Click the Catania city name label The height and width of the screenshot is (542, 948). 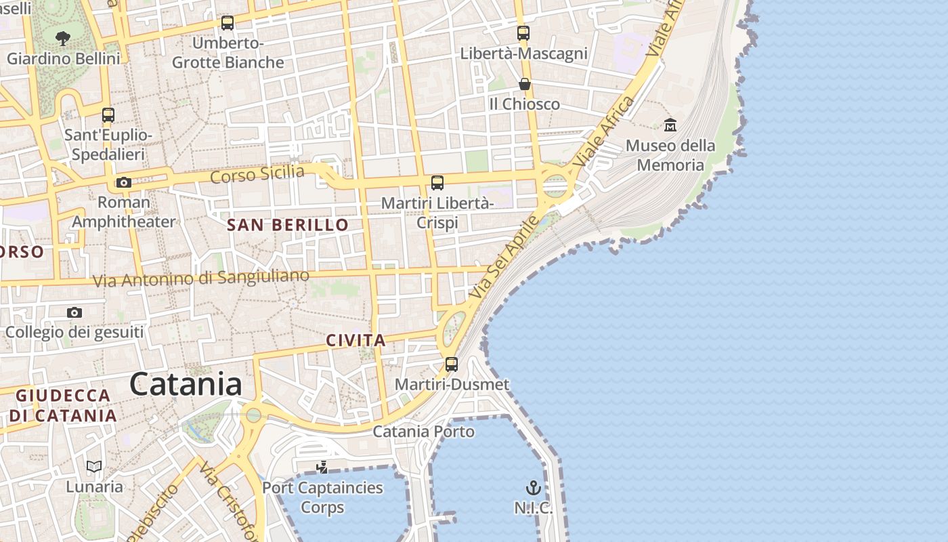coord(186,384)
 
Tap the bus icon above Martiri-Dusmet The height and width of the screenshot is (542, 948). coord(452,364)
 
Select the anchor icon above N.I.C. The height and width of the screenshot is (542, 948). coord(534,488)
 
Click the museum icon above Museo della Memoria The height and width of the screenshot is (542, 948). coord(670,125)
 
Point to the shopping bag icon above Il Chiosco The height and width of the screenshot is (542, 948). coord(524,84)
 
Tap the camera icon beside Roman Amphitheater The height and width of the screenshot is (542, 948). coord(123,182)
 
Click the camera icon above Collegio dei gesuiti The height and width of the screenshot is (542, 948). coord(74,312)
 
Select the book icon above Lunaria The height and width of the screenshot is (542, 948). coord(94,466)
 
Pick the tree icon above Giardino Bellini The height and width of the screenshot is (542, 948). coord(63,38)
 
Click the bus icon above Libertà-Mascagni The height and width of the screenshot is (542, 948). coord(523,33)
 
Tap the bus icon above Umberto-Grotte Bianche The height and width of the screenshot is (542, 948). coord(228,23)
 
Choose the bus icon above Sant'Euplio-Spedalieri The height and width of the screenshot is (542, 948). coord(108,114)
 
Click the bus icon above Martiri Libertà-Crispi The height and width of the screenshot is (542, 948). coord(437,182)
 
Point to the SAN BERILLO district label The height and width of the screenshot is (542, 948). coord(288,225)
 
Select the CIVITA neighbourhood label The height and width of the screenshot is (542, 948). coord(355,340)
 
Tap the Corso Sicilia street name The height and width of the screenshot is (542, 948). coord(257,174)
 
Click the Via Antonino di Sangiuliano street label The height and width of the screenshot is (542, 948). coord(201,278)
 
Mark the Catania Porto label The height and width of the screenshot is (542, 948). coord(424,432)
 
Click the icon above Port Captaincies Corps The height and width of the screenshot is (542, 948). coord(322,467)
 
